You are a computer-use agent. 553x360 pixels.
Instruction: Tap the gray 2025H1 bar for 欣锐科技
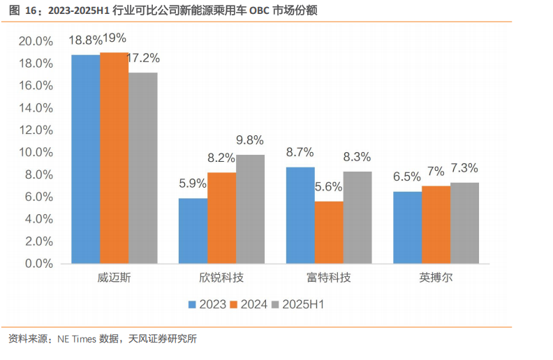point(250,209)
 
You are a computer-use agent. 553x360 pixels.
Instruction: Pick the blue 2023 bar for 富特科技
point(300,216)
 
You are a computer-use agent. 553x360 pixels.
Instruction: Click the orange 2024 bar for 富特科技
point(329,233)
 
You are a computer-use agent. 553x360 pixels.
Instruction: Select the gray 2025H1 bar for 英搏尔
point(464,223)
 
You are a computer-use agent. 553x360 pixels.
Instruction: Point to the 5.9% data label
point(193,184)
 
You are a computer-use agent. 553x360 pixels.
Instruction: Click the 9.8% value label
point(250,140)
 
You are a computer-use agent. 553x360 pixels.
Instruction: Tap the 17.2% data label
point(142,58)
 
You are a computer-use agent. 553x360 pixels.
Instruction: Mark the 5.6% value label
point(329,187)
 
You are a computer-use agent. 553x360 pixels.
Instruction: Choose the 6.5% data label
point(407,177)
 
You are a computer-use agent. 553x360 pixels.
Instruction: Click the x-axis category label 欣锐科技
point(221,278)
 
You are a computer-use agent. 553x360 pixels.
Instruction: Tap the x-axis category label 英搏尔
point(436,278)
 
